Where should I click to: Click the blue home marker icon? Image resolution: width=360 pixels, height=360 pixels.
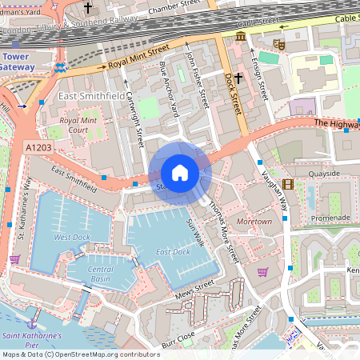point(180,172)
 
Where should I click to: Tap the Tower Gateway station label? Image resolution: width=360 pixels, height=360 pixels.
point(18,62)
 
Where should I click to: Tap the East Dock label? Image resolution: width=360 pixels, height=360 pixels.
point(173,252)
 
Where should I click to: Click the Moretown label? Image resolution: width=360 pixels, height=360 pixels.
point(254,220)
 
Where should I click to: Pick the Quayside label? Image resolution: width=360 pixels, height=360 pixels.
point(324,173)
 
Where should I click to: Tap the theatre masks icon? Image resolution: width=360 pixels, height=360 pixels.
point(279,44)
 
